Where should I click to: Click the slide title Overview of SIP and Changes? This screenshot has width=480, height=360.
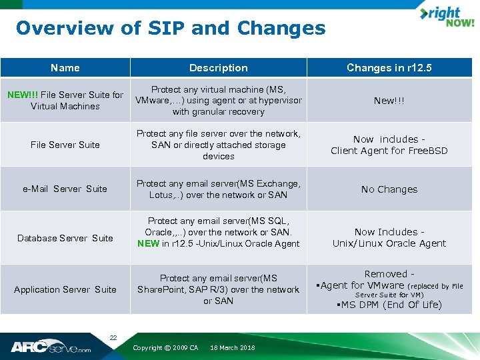click(x=171, y=29)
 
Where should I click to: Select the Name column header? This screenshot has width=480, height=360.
click(x=65, y=67)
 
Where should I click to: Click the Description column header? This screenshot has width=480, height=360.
click(x=218, y=67)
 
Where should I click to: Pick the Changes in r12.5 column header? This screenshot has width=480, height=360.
click(x=389, y=67)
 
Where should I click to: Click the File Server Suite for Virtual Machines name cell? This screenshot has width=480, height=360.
click(x=65, y=100)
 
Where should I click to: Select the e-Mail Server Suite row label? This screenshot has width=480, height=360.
click(x=65, y=189)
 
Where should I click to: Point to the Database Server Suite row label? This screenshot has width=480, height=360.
click(x=65, y=238)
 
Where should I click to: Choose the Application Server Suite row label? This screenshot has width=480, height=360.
click(x=65, y=289)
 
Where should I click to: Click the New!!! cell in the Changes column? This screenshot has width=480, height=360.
click(x=389, y=101)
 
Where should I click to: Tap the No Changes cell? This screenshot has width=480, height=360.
click(x=389, y=189)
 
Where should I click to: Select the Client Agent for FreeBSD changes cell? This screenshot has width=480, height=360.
click(x=389, y=145)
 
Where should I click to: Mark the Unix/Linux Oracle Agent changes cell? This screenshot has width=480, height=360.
click(x=389, y=237)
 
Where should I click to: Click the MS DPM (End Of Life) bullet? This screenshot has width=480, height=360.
click(x=391, y=305)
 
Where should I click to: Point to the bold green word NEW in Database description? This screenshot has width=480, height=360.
click(x=148, y=243)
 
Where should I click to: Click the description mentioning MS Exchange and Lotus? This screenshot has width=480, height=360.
click(x=218, y=189)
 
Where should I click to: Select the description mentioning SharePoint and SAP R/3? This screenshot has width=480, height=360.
click(x=218, y=289)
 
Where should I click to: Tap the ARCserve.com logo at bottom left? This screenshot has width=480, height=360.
click(x=51, y=347)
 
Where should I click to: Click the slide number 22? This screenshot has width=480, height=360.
click(x=113, y=338)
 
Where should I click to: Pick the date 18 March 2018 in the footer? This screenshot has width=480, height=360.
click(x=232, y=348)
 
